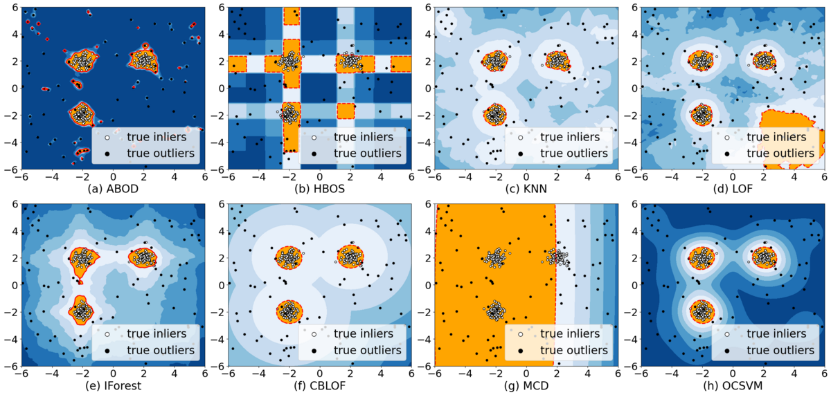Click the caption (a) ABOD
coord(113,189)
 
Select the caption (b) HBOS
coord(319,189)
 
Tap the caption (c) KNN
coord(526,189)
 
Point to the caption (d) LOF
coord(733,189)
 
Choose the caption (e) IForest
coord(113,386)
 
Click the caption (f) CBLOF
coord(319,386)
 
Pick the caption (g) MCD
coord(526,386)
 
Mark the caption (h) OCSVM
coord(733,386)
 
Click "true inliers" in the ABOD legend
coord(157,137)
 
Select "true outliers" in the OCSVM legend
coord(780,350)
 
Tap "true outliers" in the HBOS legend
coord(368,154)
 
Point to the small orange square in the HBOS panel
coord(346,111)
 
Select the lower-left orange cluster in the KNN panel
coord(495,114)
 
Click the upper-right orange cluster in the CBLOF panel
coord(350,256)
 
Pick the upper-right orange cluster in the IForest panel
coord(143,257)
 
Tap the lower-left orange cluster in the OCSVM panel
coord(702,311)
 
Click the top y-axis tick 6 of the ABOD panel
coord(15,8)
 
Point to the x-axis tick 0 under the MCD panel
coord(526,374)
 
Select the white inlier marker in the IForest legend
coord(107,334)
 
